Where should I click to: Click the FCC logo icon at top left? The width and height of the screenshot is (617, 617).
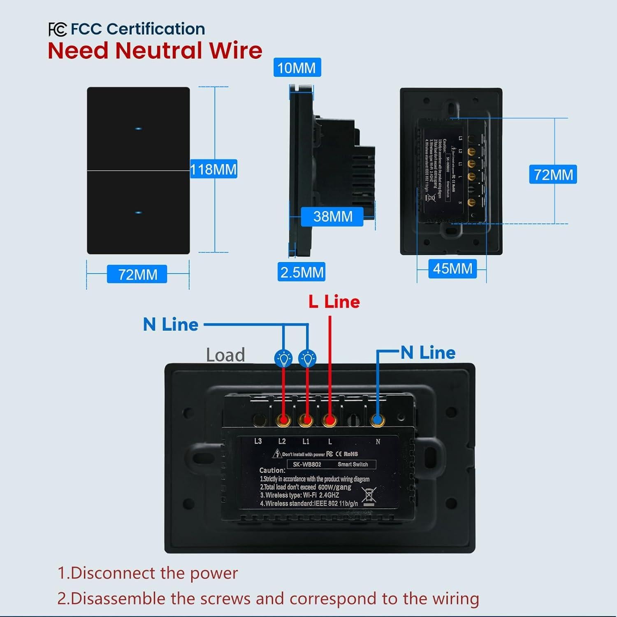[57, 30]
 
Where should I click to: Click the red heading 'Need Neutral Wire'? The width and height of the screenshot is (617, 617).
[155, 51]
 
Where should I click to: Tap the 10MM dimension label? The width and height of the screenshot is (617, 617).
[297, 68]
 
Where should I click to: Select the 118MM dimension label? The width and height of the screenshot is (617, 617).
[213, 169]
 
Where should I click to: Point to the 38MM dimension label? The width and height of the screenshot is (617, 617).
[332, 216]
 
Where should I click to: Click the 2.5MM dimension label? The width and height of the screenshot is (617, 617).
[302, 272]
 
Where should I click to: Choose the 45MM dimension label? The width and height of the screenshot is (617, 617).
[452, 269]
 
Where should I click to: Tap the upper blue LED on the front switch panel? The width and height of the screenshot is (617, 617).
[138, 129]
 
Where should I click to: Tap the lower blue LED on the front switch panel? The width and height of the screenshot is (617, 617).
[138, 213]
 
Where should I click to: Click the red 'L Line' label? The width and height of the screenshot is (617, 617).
[334, 302]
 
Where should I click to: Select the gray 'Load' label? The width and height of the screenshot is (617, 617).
[225, 355]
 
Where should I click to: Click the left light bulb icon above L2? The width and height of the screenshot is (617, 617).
[283, 358]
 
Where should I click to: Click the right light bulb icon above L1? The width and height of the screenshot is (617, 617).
[307, 358]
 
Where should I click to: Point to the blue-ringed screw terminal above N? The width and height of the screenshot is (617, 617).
[377, 420]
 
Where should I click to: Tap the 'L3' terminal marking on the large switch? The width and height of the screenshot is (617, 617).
[258, 441]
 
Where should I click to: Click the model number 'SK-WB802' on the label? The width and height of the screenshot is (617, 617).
[307, 464]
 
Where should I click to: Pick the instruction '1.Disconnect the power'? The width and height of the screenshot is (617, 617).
[148, 573]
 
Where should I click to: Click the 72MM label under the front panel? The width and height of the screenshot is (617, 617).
[137, 274]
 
